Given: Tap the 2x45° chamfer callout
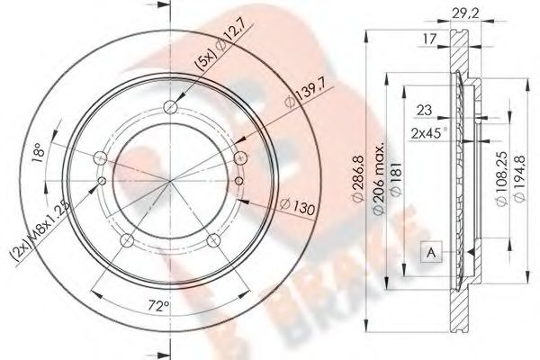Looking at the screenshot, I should (x=431, y=132).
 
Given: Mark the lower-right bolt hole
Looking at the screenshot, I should (x=214, y=241).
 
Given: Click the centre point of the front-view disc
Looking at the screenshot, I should (x=171, y=180).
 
